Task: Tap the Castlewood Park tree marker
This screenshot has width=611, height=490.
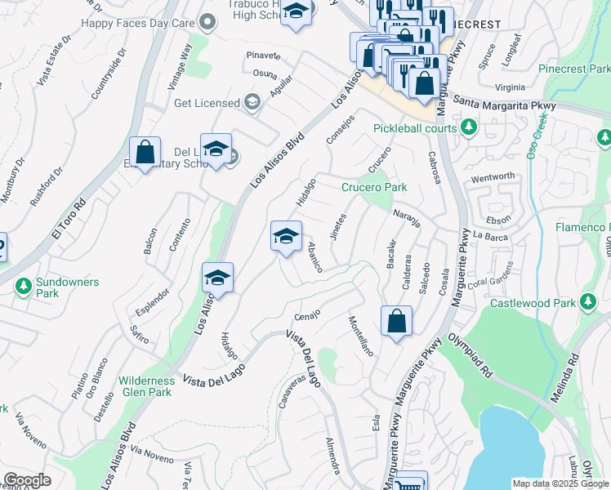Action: point(588,304)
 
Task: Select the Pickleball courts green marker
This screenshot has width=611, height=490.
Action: point(469,127)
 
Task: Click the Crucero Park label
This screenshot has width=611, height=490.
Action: point(374,187)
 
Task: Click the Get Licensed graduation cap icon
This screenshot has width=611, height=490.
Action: point(252,103)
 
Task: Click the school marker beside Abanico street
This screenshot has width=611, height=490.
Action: point(286,236)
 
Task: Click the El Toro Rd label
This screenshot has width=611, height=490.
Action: point(69,216)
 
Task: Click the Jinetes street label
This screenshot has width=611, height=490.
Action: point(339,227)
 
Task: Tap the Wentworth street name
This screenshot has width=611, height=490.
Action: point(493,176)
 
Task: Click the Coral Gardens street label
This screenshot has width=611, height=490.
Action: point(491,278)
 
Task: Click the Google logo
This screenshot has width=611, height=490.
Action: point(27,480)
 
